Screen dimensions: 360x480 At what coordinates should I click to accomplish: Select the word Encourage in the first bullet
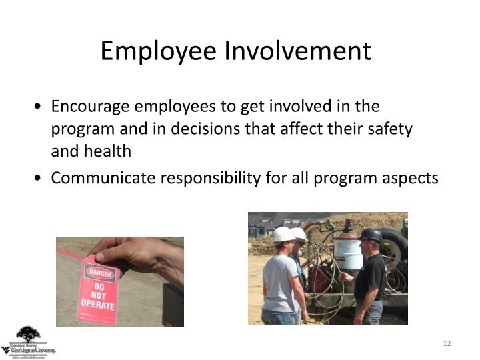coord(90,107)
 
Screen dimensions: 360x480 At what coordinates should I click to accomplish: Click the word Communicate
coord(100,178)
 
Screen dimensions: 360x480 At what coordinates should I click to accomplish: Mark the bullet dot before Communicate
coord(42,179)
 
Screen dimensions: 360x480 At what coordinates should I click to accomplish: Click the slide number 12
coord(447,343)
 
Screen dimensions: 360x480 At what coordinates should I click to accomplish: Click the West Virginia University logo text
coord(29,349)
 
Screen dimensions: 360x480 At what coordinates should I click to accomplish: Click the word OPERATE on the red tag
coord(97,305)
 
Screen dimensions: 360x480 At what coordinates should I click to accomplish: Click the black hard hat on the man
coord(371,235)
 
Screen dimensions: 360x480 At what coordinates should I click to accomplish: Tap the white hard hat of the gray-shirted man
coord(283,234)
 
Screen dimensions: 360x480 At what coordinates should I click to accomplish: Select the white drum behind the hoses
coord(349,253)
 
